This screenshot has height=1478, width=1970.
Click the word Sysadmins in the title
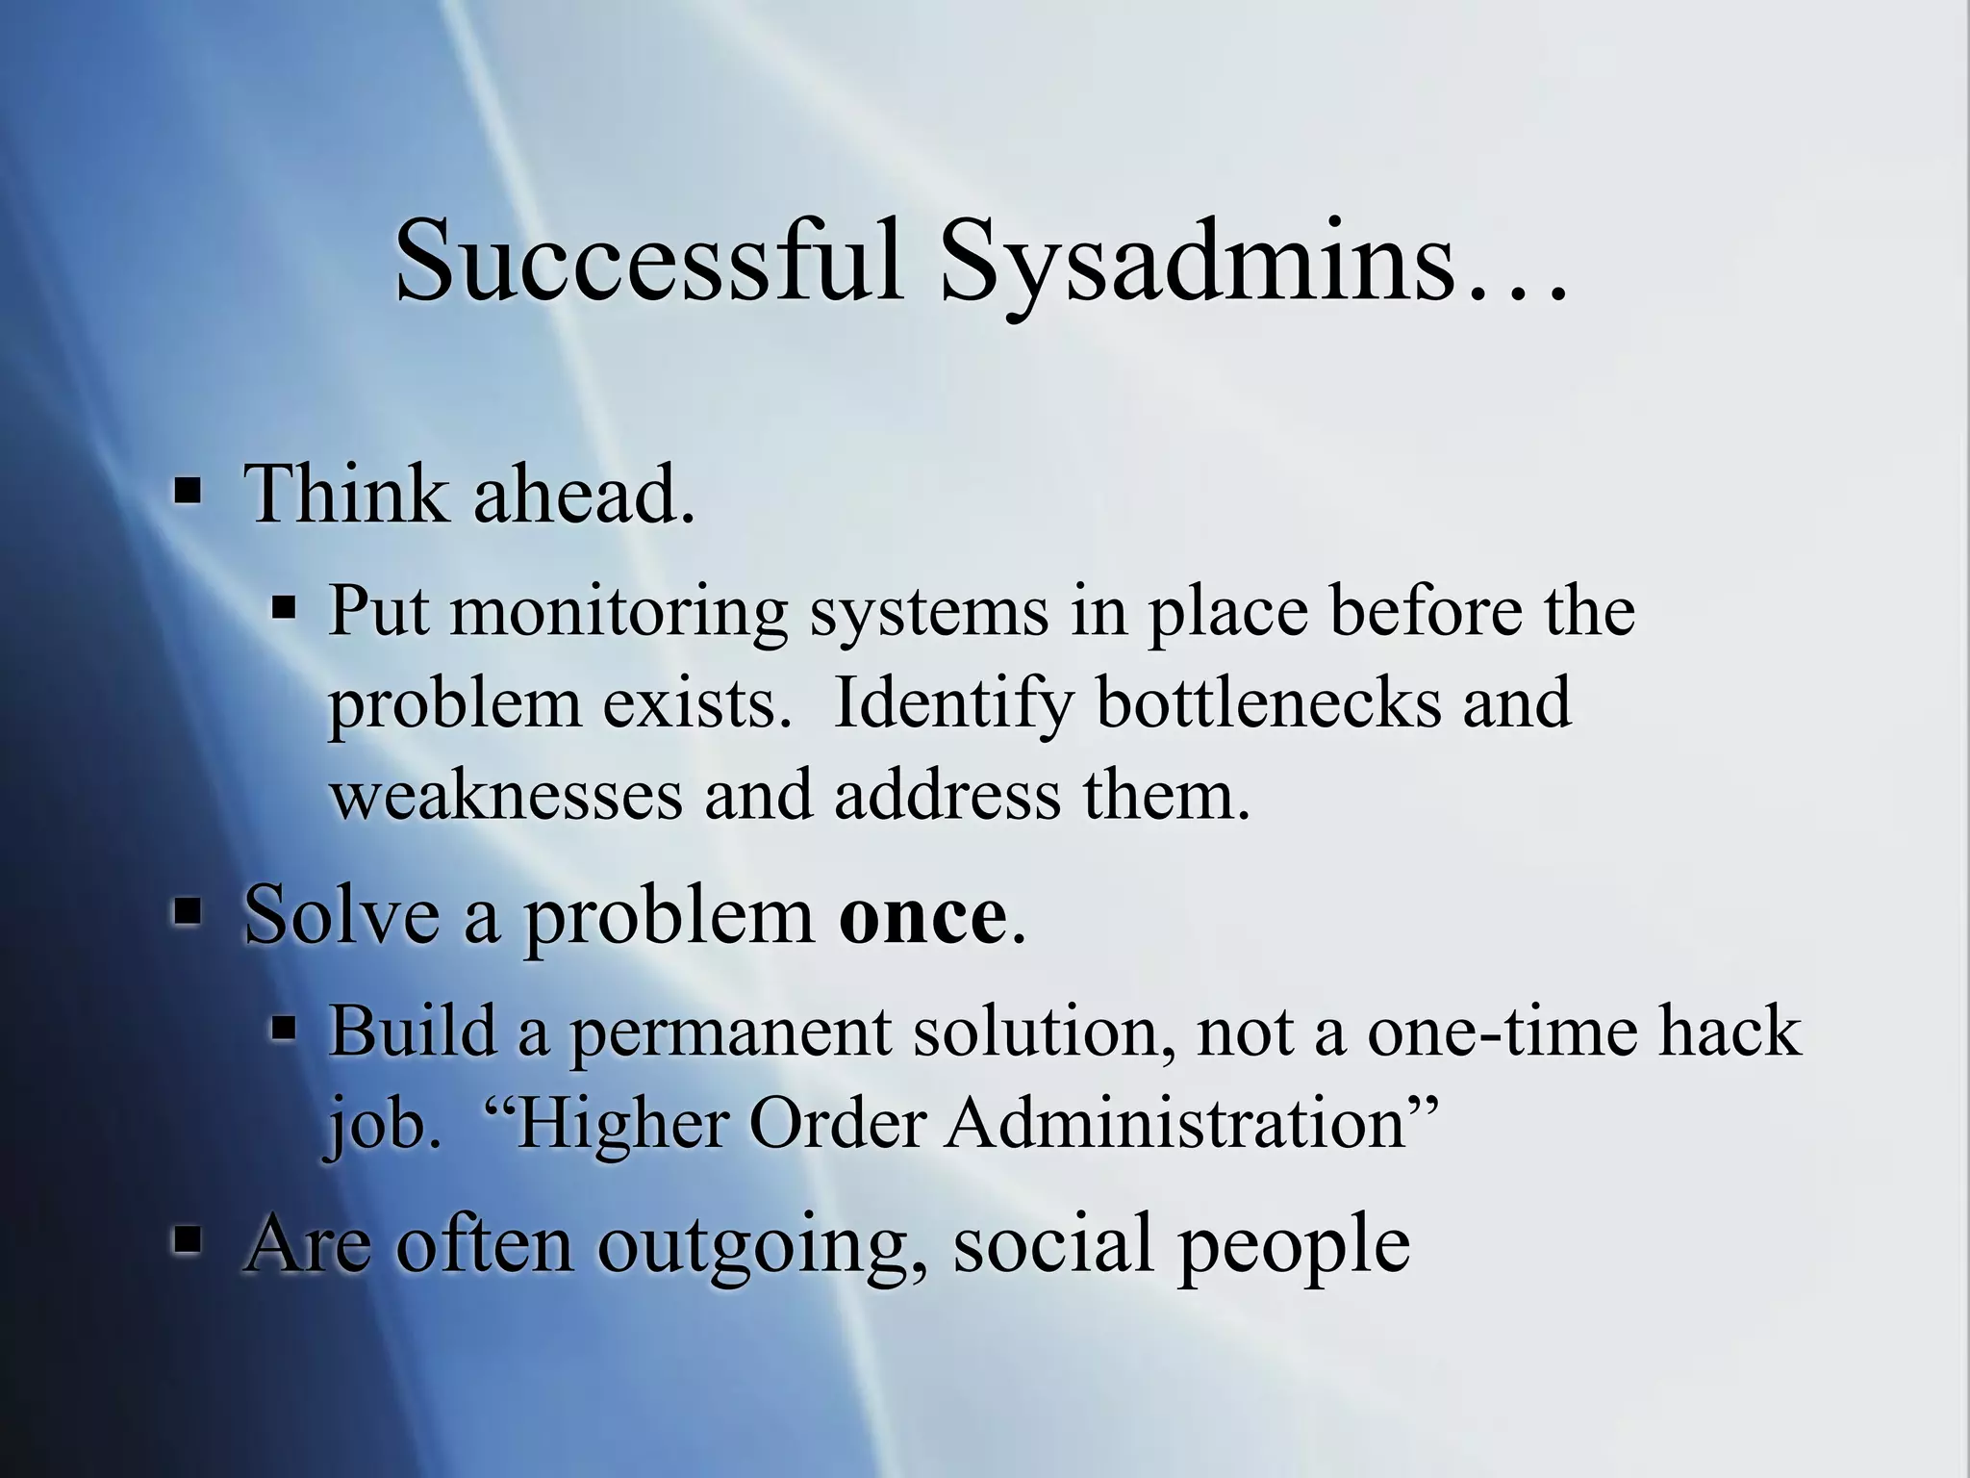click(1197, 262)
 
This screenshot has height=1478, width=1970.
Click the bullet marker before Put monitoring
click(284, 608)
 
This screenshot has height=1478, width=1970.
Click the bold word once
click(922, 915)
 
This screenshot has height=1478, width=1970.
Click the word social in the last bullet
click(1053, 1242)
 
